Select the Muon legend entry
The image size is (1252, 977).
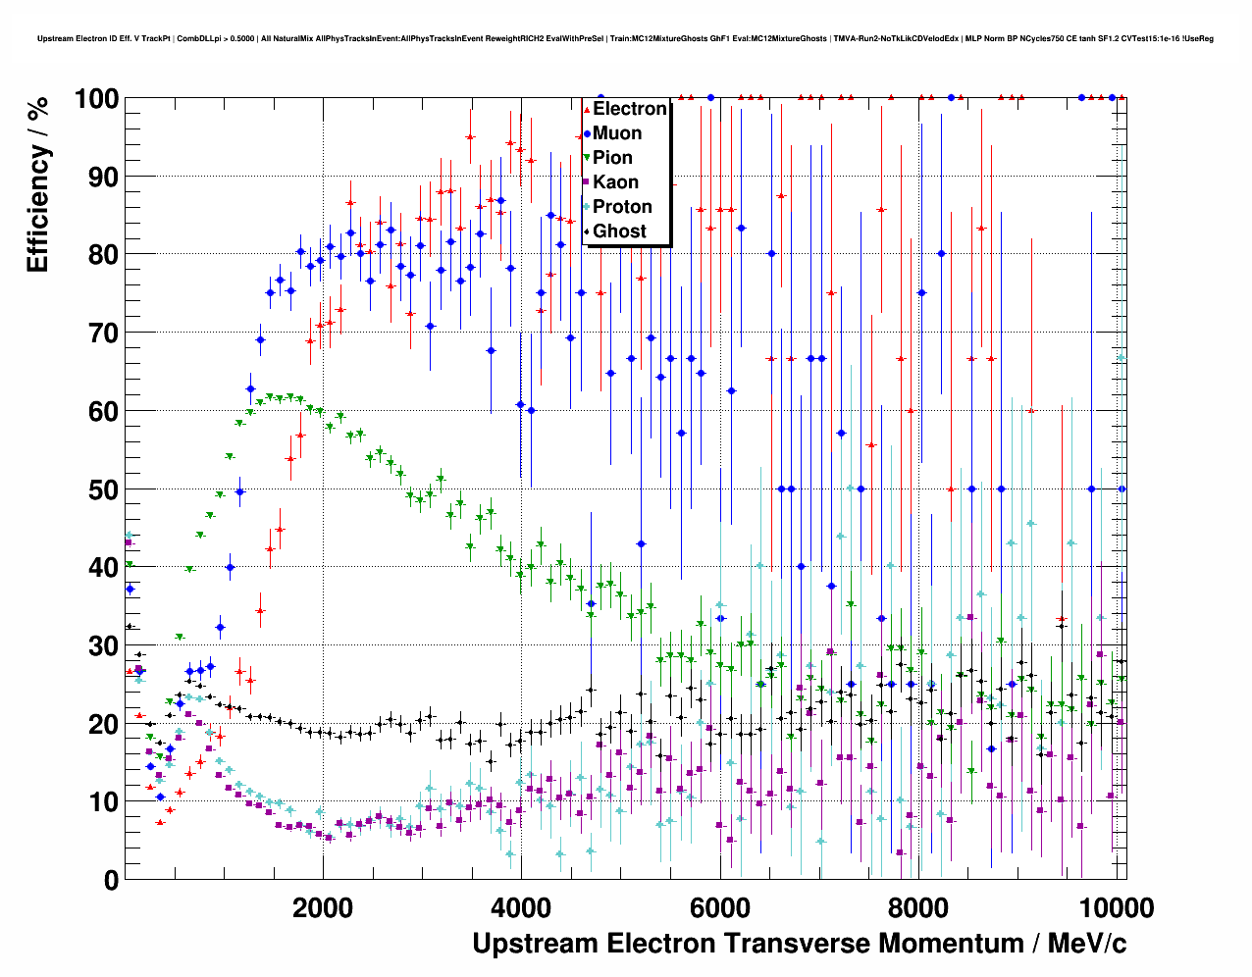click(x=616, y=133)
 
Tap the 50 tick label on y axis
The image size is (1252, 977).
click(x=103, y=489)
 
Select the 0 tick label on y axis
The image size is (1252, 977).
click(x=111, y=880)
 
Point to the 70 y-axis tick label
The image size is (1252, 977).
click(x=103, y=334)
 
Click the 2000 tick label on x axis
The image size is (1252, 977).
click(x=323, y=907)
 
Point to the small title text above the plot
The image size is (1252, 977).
click(x=625, y=39)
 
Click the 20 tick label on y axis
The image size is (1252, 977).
click(x=103, y=724)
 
